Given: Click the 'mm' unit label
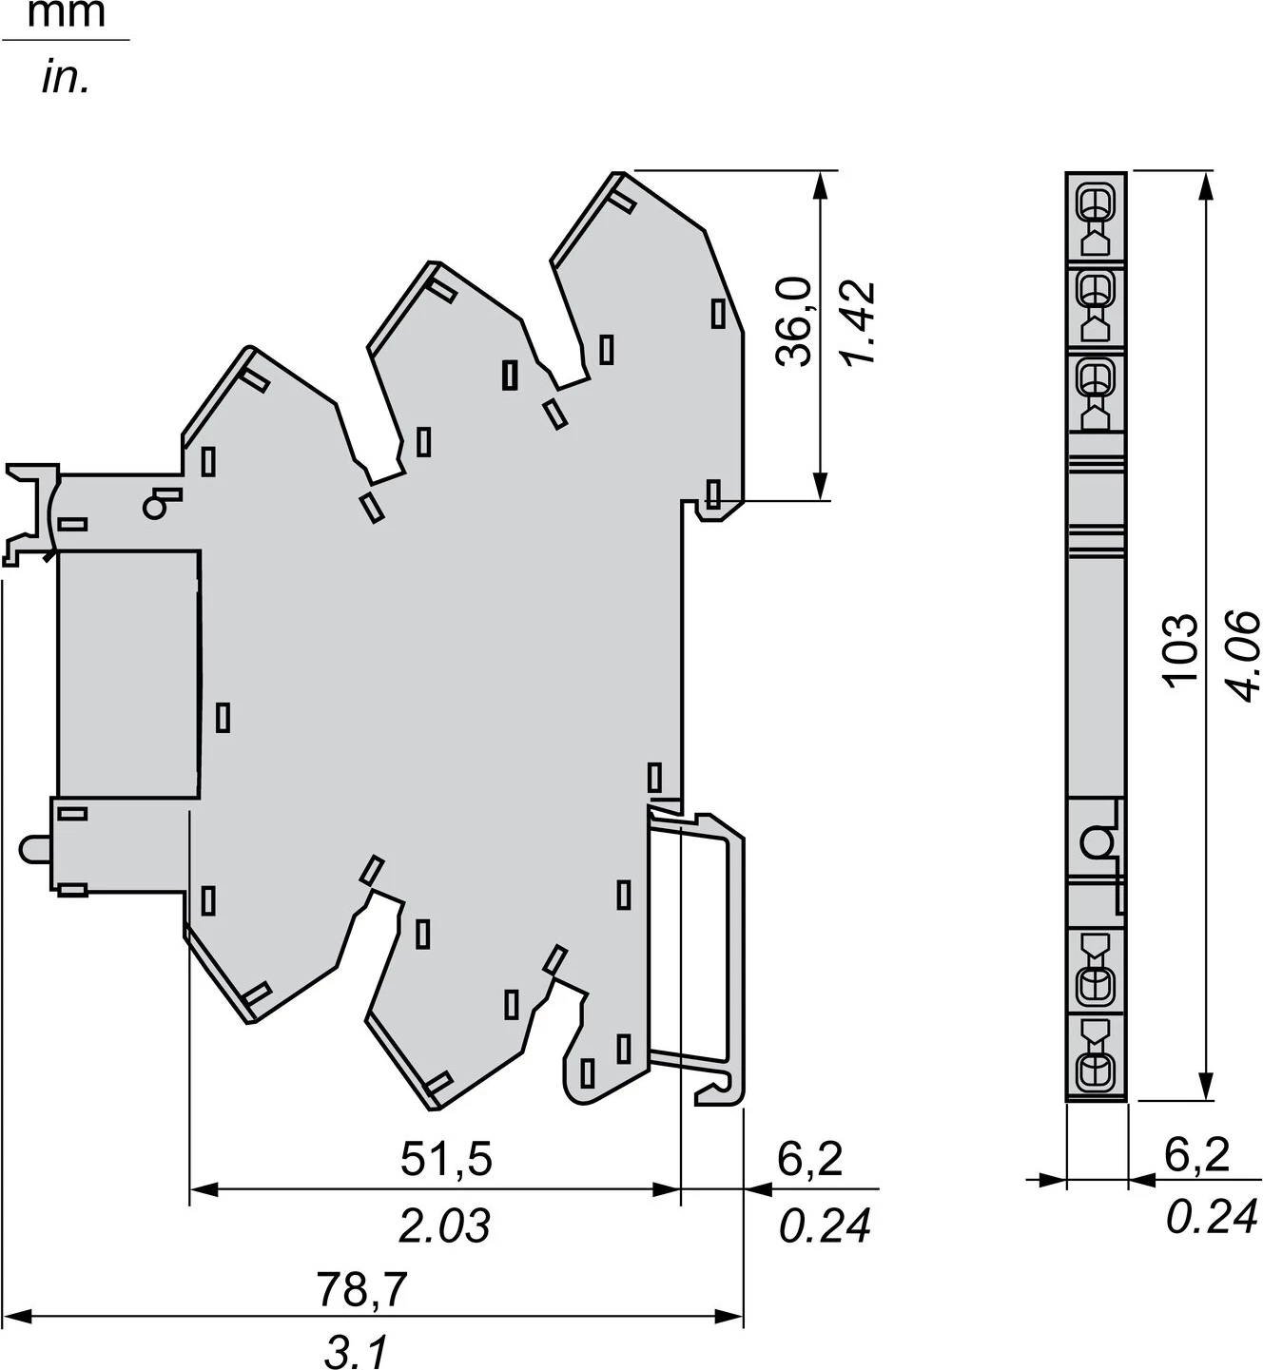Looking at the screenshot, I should pos(65,14).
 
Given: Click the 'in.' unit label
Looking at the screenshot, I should pos(65,78).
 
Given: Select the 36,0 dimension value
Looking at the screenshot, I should pos(793,321).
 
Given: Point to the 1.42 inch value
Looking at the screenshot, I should pos(857,323).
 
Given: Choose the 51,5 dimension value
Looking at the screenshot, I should pos(446,1159).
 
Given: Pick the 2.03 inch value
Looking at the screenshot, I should pos(444,1226).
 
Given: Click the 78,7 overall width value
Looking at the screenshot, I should pos(361,1290).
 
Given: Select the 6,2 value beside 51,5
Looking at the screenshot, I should pos(810,1159).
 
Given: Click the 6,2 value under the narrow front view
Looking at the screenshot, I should pos(1197,1154).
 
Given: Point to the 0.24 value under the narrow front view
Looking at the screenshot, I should pos(1212,1218).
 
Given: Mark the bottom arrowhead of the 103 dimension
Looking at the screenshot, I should pos(1207,1089).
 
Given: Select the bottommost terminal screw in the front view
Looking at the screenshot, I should pos(1095,1071).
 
